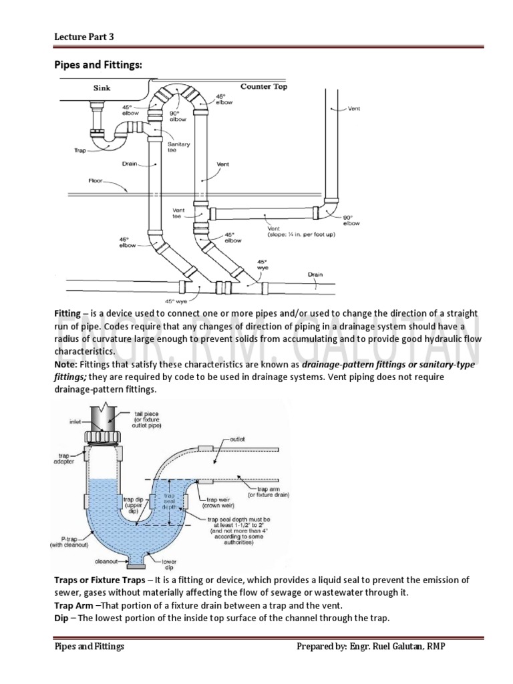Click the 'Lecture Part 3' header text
pos(83,37)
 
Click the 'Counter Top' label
pos(265,87)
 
